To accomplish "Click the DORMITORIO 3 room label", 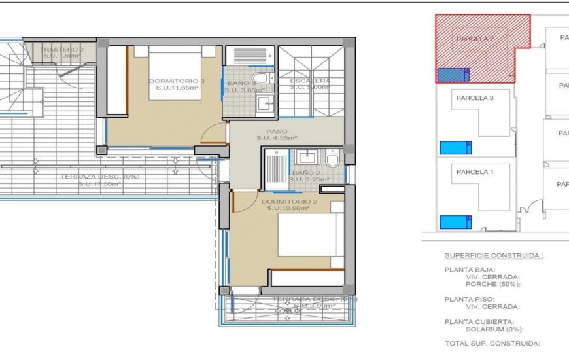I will (x=177, y=81).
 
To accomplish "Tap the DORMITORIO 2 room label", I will (x=289, y=202).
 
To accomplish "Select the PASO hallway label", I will (x=277, y=131).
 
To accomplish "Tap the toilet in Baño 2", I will (x=332, y=159).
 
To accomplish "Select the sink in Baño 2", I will (x=305, y=156).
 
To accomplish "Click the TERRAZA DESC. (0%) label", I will (x=100, y=177).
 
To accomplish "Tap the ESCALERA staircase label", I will (x=310, y=81).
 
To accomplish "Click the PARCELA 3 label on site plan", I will (x=474, y=98).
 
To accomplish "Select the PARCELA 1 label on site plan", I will (x=474, y=172).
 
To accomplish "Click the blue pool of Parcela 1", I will (x=456, y=222).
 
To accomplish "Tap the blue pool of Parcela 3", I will (x=456, y=147).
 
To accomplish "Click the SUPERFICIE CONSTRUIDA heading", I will (x=494, y=255).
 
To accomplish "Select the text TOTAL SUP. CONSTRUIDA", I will (x=492, y=343).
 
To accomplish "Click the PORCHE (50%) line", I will (x=492, y=284).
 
